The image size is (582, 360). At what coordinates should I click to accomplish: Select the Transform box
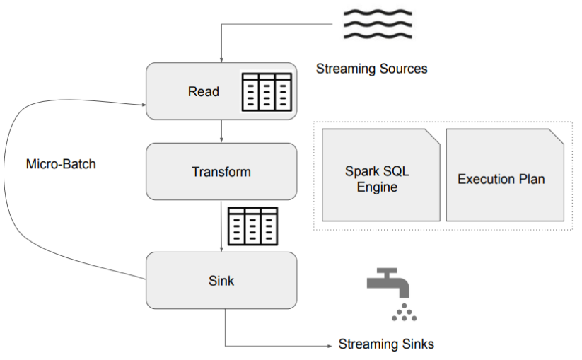[x=221, y=172]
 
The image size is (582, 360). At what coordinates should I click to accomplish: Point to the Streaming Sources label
[x=371, y=69]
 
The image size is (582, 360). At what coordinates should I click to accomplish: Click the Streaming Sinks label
[x=386, y=344]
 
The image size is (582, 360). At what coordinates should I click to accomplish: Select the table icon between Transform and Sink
[x=252, y=226]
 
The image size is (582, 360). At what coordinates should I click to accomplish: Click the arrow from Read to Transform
[x=221, y=131]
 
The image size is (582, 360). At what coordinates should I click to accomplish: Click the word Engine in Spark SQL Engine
[x=377, y=187]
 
